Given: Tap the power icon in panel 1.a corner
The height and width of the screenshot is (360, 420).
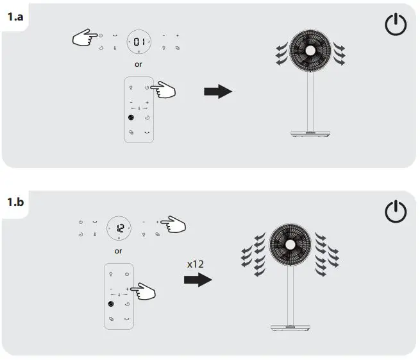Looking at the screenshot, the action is click(395, 25).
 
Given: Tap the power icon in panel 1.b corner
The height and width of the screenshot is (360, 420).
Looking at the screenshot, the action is click(395, 212).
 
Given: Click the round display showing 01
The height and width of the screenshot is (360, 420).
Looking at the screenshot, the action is click(139, 42).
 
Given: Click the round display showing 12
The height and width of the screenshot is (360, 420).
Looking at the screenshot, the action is click(119, 227).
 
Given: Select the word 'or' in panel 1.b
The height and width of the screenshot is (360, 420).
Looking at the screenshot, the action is click(118, 251).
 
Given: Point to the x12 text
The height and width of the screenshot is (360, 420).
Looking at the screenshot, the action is click(196, 263).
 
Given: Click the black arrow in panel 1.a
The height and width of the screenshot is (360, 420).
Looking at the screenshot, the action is click(217, 92).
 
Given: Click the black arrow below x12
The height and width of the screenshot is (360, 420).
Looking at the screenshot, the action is click(197, 280).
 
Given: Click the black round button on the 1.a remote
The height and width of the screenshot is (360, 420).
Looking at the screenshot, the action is click(131, 118).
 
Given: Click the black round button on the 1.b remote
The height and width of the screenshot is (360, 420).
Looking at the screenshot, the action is click(112, 303).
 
